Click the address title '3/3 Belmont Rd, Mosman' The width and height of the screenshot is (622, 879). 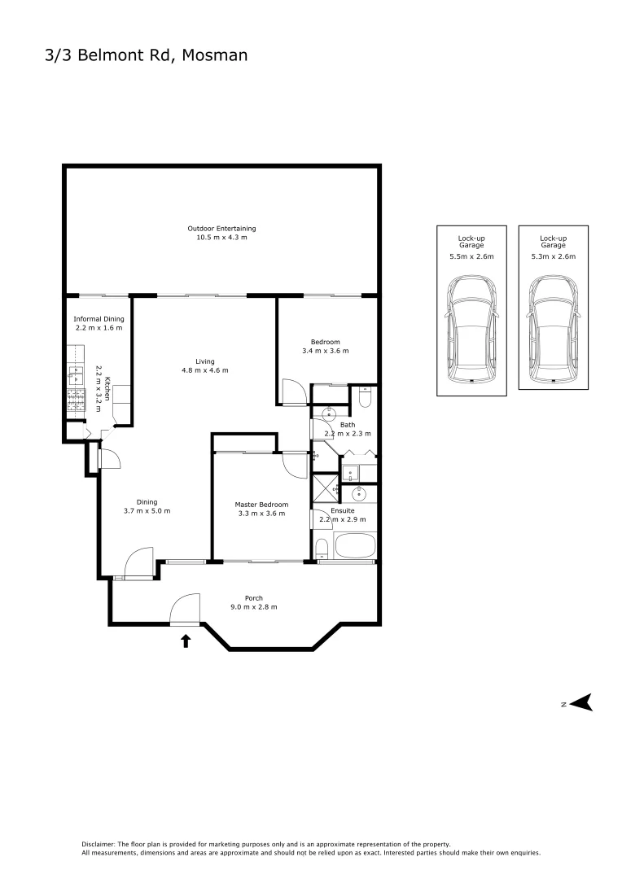tap(146, 55)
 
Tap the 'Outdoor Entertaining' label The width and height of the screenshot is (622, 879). tap(221, 229)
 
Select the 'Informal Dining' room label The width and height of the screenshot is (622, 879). tap(99, 319)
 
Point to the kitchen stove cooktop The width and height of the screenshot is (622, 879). tap(76, 398)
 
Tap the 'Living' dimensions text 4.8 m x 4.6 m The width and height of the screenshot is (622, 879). tap(205, 370)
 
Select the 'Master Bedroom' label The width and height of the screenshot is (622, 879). tap(261, 505)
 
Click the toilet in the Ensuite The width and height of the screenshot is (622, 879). tap(322, 546)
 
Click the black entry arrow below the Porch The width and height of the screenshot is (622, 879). tap(186, 641)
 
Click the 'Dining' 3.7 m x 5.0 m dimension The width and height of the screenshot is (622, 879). tap(147, 511)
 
